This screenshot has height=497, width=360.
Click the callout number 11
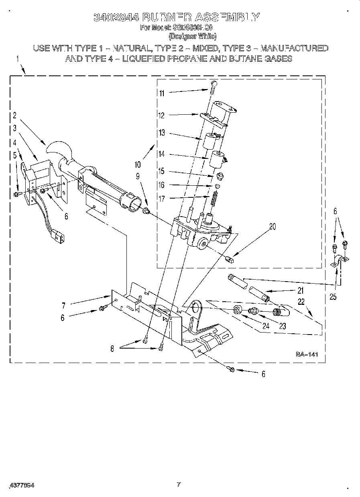(162, 93)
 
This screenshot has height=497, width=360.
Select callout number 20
(273, 227)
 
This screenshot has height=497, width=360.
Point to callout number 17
(162, 198)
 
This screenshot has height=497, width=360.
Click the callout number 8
(112, 349)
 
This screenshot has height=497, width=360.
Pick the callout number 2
(15, 116)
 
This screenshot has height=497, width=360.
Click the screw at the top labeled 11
(213, 85)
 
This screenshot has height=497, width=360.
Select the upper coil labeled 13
(209, 142)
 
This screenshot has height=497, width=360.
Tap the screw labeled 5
(17, 194)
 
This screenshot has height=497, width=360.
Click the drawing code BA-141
(307, 354)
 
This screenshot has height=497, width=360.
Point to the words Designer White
(192, 37)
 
